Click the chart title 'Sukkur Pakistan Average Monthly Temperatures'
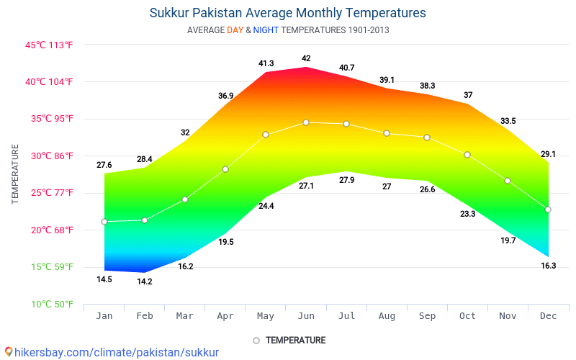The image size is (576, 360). click(x=288, y=13)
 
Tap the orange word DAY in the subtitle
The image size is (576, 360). click(x=235, y=30)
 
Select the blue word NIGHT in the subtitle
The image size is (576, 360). click(x=266, y=30)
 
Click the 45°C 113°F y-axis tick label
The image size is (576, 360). click(x=49, y=45)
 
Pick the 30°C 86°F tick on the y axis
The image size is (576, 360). click(x=49, y=156)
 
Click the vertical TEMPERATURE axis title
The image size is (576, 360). click(x=15, y=174)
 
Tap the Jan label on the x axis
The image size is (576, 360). click(x=104, y=316)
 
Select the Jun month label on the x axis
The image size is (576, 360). click(x=306, y=316)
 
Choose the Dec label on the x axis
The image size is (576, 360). click(x=548, y=316)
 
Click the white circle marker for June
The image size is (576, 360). click(x=306, y=122)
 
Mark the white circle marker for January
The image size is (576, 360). click(x=104, y=222)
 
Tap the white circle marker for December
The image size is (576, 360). click(x=548, y=210)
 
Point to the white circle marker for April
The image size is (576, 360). click(x=225, y=169)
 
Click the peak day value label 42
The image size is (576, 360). click(x=306, y=58)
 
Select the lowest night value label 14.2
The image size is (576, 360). click(x=145, y=282)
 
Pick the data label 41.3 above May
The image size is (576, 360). click(x=266, y=63)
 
